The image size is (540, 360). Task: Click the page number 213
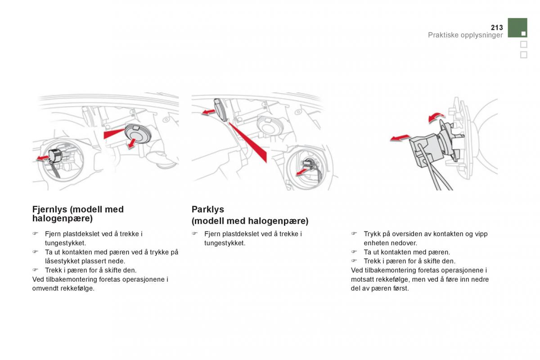(x=497, y=27)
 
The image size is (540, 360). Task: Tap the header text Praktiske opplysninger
(x=465, y=35)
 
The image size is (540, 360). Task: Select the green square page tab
(x=517, y=28)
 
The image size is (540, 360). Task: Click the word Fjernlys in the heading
(x=50, y=209)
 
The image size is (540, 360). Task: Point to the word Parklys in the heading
(x=208, y=209)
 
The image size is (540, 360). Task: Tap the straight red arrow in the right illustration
(x=400, y=138)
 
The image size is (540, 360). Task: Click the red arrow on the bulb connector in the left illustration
(x=43, y=158)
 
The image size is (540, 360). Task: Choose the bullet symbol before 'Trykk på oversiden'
(x=354, y=234)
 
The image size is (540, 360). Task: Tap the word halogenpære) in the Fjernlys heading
(x=63, y=219)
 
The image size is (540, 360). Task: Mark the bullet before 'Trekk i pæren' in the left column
(x=35, y=270)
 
